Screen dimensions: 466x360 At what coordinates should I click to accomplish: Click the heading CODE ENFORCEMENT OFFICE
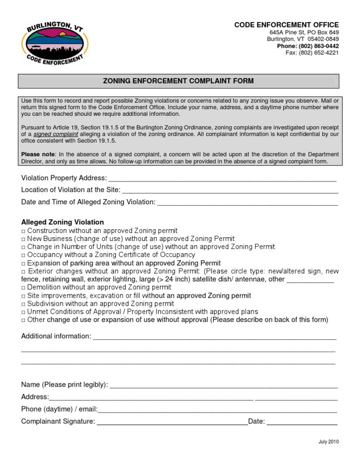pyautogui.click(x=286, y=25)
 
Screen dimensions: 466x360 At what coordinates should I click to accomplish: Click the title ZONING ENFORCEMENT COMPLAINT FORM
pyautogui.click(x=178, y=81)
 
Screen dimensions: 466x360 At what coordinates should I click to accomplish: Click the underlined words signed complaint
pyautogui.click(x=52, y=134)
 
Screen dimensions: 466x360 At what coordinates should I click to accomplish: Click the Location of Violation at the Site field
pyautogui.click(x=230, y=190)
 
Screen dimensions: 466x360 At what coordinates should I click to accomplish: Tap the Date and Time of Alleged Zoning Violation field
pyautogui.click(x=247, y=202)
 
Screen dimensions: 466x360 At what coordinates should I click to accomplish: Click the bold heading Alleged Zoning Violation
pyautogui.click(x=62, y=222)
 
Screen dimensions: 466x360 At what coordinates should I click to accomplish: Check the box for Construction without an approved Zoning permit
pyautogui.click(x=23, y=231)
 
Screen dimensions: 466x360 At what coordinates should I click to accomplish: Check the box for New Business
pyautogui.click(x=23, y=239)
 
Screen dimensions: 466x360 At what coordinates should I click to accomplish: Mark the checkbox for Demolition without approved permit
pyautogui.click(x=23, y=287)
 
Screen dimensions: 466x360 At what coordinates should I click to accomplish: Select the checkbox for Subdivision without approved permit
pyautogui.click(x=23, y=304)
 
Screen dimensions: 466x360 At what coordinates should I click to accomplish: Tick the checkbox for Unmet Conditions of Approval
pyautogui.click(x=23, y=312)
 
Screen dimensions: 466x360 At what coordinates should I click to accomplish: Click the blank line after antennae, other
pyautogui.click(x=310, y=280)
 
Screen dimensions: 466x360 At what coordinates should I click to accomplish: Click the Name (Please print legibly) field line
pyautogui.click(x=223, y=385)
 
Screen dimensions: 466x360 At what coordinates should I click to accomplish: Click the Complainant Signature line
pyautogui.click(x=172, y=422)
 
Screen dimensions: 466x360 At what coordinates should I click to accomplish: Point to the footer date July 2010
pyautogui.click(x=328, y=442)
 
